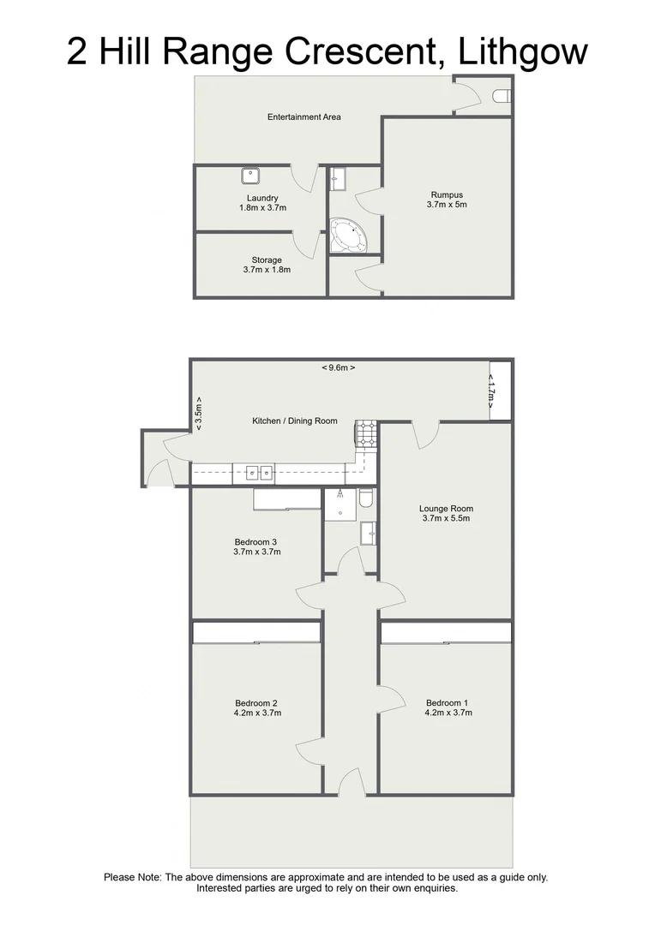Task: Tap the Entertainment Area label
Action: point(303,116)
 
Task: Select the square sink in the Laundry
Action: point(251,176)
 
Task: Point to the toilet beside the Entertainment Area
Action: point(502,96)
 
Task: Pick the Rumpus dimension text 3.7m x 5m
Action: point(446,205)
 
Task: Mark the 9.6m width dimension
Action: point(338,367)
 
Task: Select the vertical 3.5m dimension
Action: point(198,413)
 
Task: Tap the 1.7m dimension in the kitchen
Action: point(491,391)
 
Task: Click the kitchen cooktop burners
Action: point(366,434)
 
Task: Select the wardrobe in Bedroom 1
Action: point(446,632)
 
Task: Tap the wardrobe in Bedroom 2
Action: point(255,632)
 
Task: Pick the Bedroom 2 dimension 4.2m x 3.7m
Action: point(257,713)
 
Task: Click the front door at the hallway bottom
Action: point(351,781)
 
